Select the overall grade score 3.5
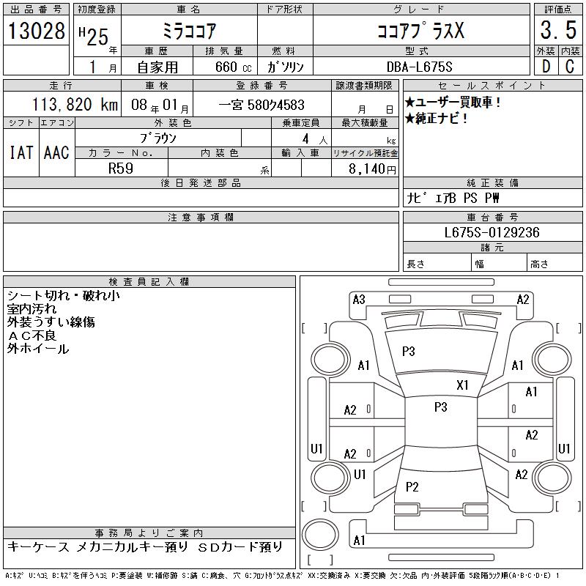pos(556,31)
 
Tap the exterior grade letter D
pos(546,66)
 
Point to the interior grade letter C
pos(569,66)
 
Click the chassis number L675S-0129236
pos(492,232)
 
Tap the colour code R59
pos(120,168)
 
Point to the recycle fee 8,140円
pos(372,168)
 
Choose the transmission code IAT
pos(21,152)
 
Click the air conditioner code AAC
pos(56,152)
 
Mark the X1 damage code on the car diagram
pos(462,385)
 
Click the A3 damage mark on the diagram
pos(359,299)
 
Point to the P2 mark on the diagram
pos(412,486)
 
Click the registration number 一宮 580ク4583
pos(262,105)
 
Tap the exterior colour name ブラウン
pos(158,137)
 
